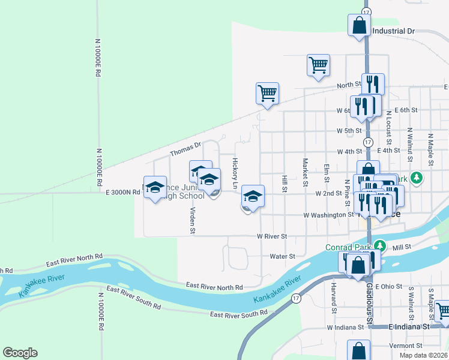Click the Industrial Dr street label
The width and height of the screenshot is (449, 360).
point(394,31)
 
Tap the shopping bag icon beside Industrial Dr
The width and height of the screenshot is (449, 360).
point(358,26)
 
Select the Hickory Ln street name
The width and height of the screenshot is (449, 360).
point(235,173)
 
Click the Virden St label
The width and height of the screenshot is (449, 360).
point(193,220)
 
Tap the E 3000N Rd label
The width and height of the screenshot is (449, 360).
point(122,193)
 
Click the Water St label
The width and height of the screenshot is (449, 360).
point(282,256)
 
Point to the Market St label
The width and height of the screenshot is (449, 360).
point(306,172)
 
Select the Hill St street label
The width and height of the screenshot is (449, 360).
point(285,181)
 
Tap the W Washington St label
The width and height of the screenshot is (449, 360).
point(328,215)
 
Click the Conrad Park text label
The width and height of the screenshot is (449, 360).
point(348,247)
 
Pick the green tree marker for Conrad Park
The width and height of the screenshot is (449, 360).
point(379,245)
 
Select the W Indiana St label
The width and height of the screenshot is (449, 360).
point(345,328)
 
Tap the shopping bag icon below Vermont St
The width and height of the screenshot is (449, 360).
point(358,350)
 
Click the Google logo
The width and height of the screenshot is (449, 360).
point(20,353)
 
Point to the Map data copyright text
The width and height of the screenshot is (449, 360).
point(423,355)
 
